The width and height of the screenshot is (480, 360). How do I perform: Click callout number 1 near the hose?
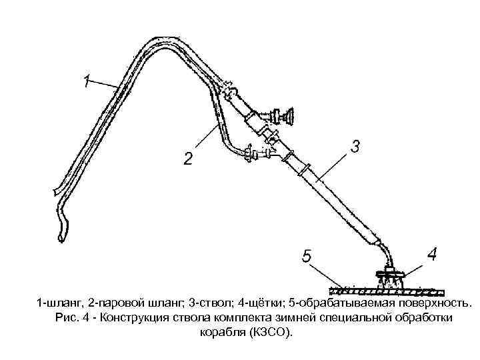pyautogui.click(x=87, y=82)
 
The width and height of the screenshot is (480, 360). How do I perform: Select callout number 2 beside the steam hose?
pyautogui.click(x=189, y=159)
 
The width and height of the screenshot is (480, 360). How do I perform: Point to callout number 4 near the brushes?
pyautogui.click(x=432, y=253)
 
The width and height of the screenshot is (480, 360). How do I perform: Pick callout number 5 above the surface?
pyautogui.click(x=307, y=257)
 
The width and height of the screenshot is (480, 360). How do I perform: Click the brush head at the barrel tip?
pyautogui.click(x=391, y=277)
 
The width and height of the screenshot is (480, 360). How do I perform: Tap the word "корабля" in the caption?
pyautogui.click(x=223, y=331)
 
